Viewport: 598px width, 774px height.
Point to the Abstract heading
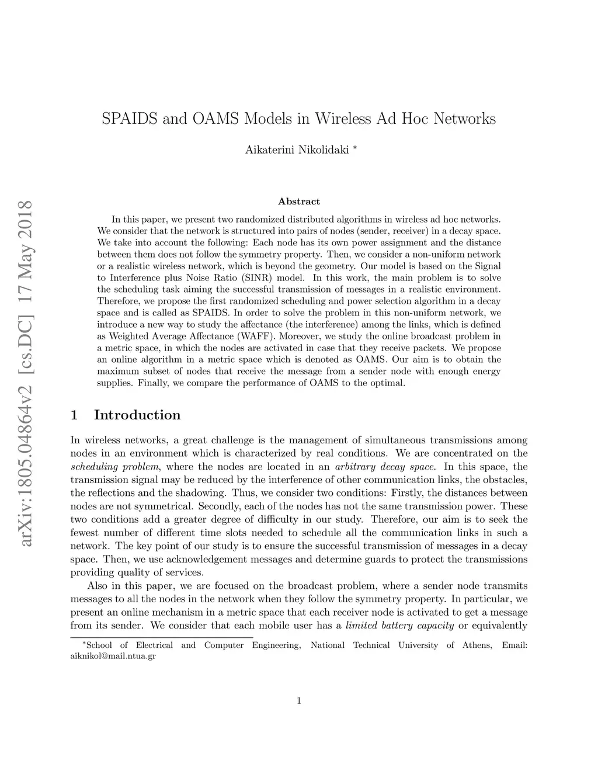pyautogui.click(x=299, y=202)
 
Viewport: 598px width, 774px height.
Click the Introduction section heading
pyautogui.click(x=137, y=415)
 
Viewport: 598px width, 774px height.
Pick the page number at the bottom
pyautogui.click(x=299, y=701)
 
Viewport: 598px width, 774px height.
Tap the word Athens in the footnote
pyautogui.click(x=477, y=645)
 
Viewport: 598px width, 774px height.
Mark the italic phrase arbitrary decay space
pyautogui.click(x=385, y=467)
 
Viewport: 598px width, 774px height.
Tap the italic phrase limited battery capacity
pyautogui.click(x=400, y=626)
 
